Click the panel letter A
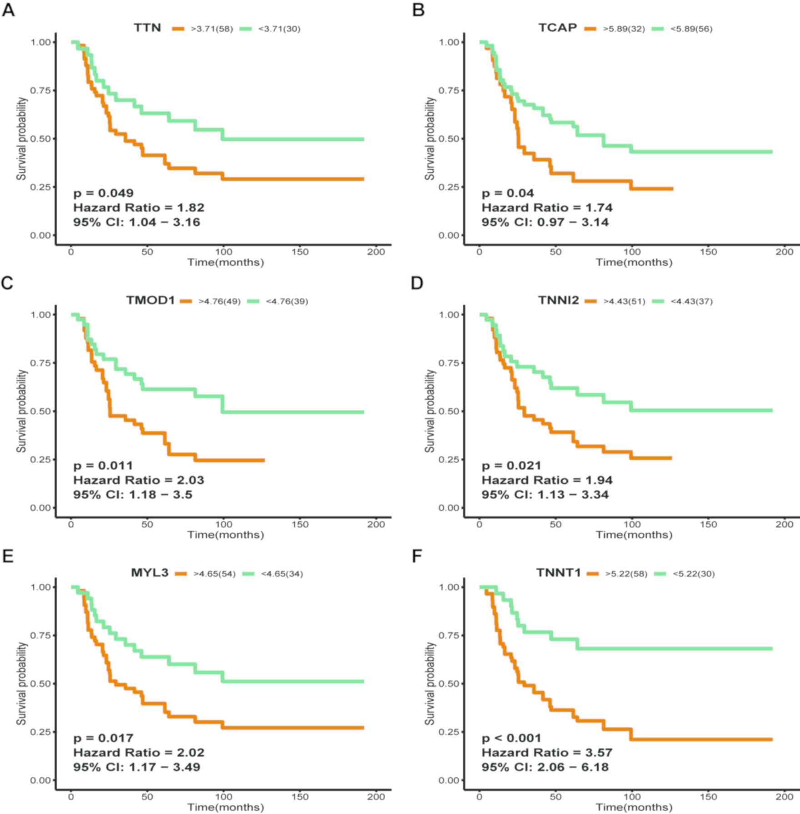click(8, 10)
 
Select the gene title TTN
click(147, 28)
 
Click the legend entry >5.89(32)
click(624, 29)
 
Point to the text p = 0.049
click(104, 194)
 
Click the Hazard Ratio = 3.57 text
click(547, 753)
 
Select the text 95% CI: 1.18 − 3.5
click(133, 495)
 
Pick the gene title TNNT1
click(558, 573)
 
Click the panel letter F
click(417, 556)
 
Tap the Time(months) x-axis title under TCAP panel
click(634, 263)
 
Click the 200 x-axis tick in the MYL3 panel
click(376, 797)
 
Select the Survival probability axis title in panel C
click(21, 411)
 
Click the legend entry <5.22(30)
click(693, 574)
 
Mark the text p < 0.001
click(511, 739)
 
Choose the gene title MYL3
click(150, 573)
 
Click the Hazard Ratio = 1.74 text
click(547, 208)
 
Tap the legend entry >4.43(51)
click(624, 302)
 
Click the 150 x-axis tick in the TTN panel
click(300, 252)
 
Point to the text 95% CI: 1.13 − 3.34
click(545, 495)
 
